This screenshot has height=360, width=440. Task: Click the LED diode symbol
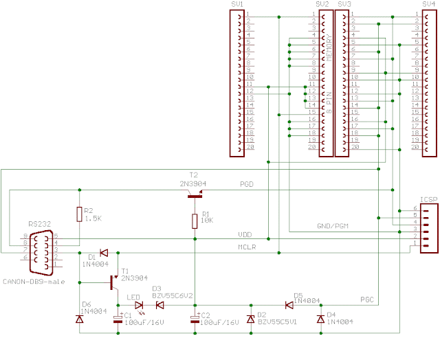[x=140, y=305]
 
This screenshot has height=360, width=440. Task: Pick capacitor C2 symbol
[x=196, y=319]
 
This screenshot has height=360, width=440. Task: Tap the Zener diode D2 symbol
[x=251, y=319]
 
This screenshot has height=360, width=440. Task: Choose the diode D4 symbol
[x=320, y=319]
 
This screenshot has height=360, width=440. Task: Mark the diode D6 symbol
[x=80, y=319]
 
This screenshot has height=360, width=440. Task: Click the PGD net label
[x=246, y=184]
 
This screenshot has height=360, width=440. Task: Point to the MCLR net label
[x=247, y=246]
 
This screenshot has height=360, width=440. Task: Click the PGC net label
[x=367, y=299]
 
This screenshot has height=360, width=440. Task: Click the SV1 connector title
[x=237, y=4]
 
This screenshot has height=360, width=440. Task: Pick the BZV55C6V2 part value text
[x=171, y=296]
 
